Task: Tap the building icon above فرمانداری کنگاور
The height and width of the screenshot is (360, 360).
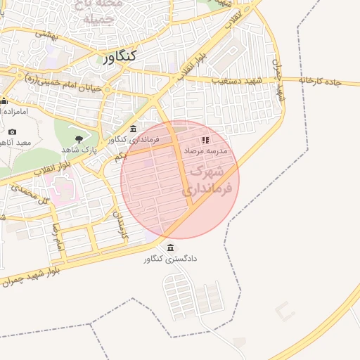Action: [x=134, y=127]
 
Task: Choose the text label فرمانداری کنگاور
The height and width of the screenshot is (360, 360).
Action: [x=134, y=140]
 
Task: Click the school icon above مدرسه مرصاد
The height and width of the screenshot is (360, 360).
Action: [x=205, y=139]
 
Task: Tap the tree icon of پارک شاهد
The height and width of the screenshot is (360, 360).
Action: [x=78, y=139]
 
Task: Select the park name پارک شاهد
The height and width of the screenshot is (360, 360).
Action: [x=78, y=150]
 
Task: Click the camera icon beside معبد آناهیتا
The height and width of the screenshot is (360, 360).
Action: [x=12, y=131]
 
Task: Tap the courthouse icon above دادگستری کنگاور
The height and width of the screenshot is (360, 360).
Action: [x=172, y=247]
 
